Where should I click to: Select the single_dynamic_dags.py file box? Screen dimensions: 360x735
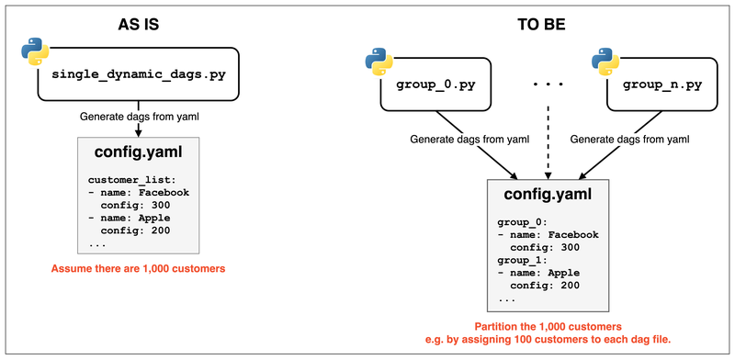[x=138, y=74]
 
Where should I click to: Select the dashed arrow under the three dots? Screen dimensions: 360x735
[x=548, y=138]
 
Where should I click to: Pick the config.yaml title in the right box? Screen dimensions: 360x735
[x=548, y=195]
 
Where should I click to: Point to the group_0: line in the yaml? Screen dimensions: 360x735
[x=520, y=221]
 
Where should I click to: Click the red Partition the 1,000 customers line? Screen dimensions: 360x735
[x=548, y=327]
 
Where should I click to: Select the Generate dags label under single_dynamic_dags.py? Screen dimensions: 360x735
[x=138, y=118]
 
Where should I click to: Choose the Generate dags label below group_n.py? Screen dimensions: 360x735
[x=629, y=139]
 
